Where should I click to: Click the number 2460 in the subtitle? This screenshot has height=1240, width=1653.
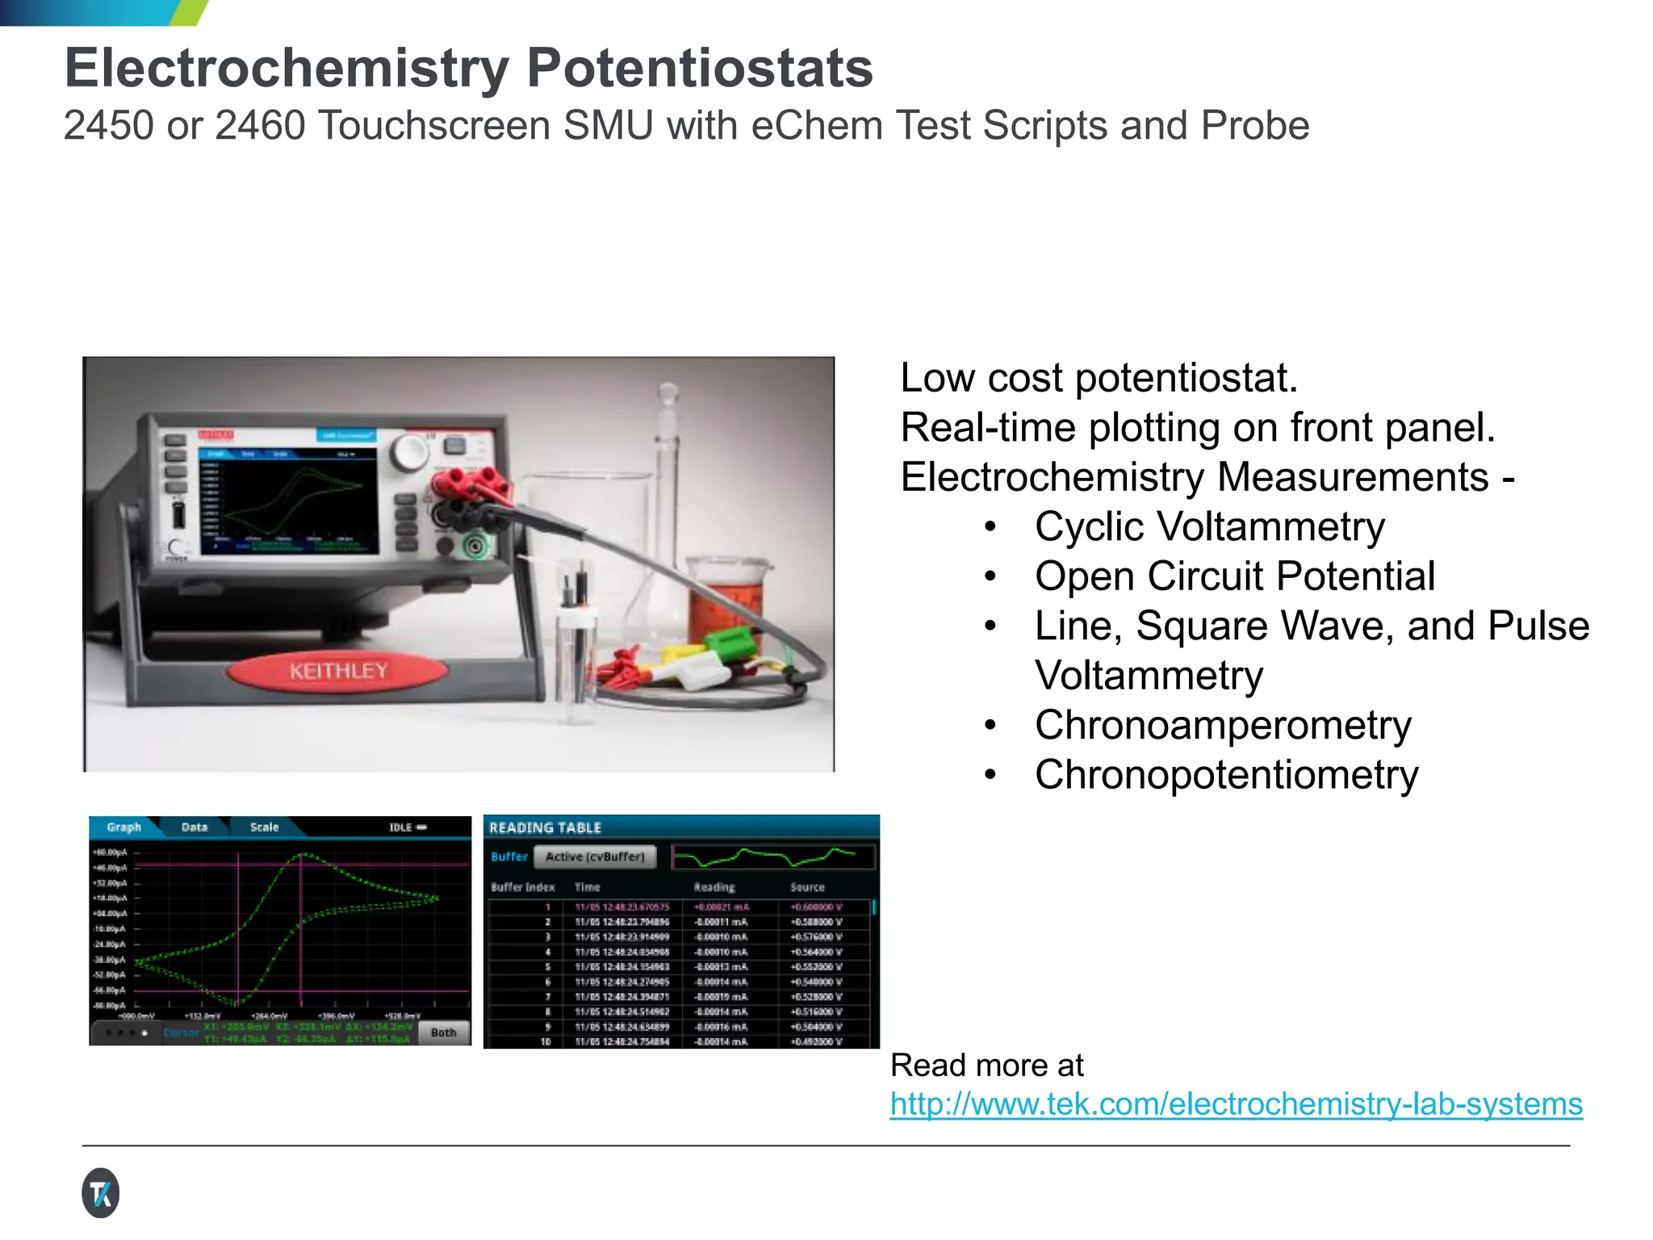pos(260,126)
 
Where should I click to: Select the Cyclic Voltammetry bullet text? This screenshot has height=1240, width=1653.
pos(1209,527)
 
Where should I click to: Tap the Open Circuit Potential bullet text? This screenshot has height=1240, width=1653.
pos(1234,576)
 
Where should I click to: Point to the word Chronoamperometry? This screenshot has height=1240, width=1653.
pos(1223,725)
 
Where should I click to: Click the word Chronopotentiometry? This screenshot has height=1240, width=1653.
pos(1226,775)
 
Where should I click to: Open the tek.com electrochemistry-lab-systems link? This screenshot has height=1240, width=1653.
pos(1236,1104)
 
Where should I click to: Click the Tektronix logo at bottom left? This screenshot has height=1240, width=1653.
pos(101,1192)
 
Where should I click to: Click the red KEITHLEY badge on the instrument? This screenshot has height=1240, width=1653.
pos(338,671)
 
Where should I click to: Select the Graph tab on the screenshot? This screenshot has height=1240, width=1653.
pos(123,827)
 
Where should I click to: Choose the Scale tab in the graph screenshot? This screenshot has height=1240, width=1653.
pos(264,827)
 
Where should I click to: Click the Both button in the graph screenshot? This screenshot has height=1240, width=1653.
pos(443,1033)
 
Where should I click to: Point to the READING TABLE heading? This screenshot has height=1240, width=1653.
pos(545,828)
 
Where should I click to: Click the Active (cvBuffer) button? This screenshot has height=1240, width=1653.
pos(595,857)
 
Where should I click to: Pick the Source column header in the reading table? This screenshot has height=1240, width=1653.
pos(807,887)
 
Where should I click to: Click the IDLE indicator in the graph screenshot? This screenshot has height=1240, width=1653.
pos(407,827)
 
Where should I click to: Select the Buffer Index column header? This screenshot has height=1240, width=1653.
pos(522,887)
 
